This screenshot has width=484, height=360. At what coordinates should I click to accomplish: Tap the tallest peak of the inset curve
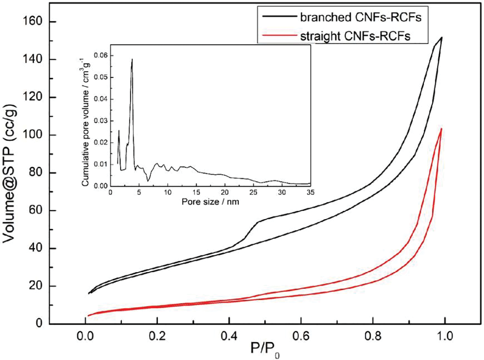tap(132, 59)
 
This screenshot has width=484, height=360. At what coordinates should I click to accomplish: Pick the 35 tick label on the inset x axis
tap(310, 193)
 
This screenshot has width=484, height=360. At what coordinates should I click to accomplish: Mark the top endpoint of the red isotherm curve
tap(441, 129)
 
